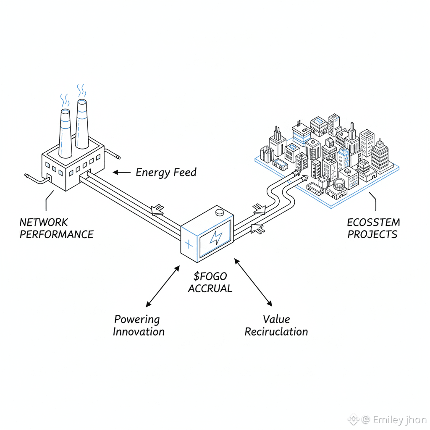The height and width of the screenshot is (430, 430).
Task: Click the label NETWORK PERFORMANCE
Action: point(56,228)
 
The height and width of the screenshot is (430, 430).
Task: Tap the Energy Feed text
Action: point(166,172)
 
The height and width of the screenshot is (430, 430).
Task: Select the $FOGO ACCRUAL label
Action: point(210,282)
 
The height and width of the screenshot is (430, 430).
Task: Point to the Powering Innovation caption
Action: point(138,325)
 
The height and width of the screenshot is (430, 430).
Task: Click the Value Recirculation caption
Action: point(276,325)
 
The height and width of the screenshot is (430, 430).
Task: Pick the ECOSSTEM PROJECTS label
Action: point(373,228)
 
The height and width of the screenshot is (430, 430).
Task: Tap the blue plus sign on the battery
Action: point(189,243)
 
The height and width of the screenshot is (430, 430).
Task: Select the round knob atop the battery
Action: point(220,212)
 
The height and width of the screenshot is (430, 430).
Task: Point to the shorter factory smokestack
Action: point(66,132)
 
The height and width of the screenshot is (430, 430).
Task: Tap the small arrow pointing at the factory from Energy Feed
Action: point(121,172)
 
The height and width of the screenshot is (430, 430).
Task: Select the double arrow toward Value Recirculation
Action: point(253,282)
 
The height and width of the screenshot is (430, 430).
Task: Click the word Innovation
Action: point(139,332)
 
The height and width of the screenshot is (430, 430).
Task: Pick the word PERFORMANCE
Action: point(56,234)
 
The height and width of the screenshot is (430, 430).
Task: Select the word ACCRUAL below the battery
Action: point(210,288)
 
